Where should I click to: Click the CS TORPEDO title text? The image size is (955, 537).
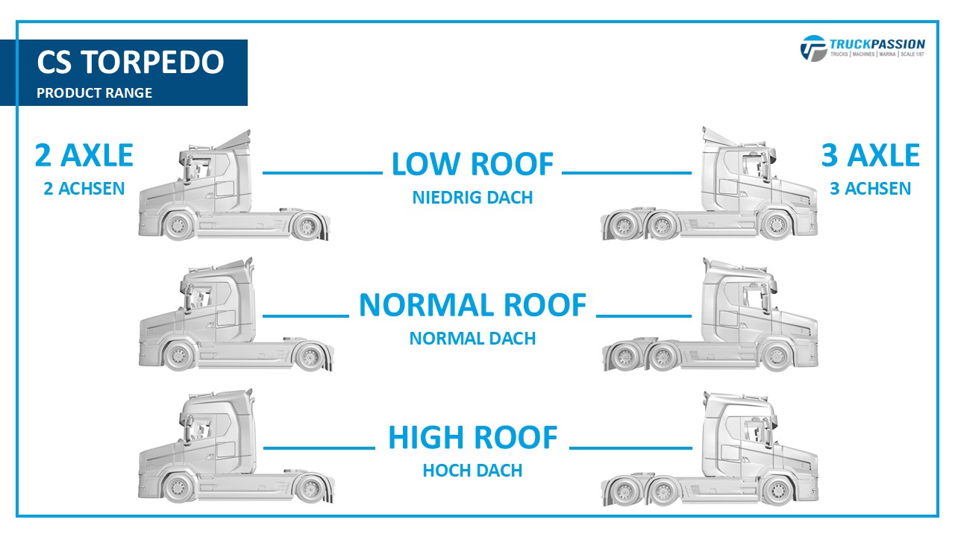131,62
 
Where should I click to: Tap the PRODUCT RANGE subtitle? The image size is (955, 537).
94,93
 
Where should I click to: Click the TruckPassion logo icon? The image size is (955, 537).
813,48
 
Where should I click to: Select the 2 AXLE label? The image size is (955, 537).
84,155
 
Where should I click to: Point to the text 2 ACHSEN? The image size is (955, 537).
84,189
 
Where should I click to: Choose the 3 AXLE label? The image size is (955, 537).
870,155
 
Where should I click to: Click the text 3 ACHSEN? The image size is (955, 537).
870,189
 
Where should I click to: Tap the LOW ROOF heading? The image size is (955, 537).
472,164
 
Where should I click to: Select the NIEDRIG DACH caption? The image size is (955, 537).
472,198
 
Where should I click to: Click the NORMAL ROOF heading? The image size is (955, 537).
472,305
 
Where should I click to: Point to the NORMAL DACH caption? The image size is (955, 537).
472,339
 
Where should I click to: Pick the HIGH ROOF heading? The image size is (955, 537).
472,438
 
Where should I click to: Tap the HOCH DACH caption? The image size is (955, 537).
472,471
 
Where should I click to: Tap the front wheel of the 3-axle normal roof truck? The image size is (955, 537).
777,357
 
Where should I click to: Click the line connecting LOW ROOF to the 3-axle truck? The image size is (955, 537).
627,172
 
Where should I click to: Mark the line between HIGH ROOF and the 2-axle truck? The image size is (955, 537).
319,448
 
